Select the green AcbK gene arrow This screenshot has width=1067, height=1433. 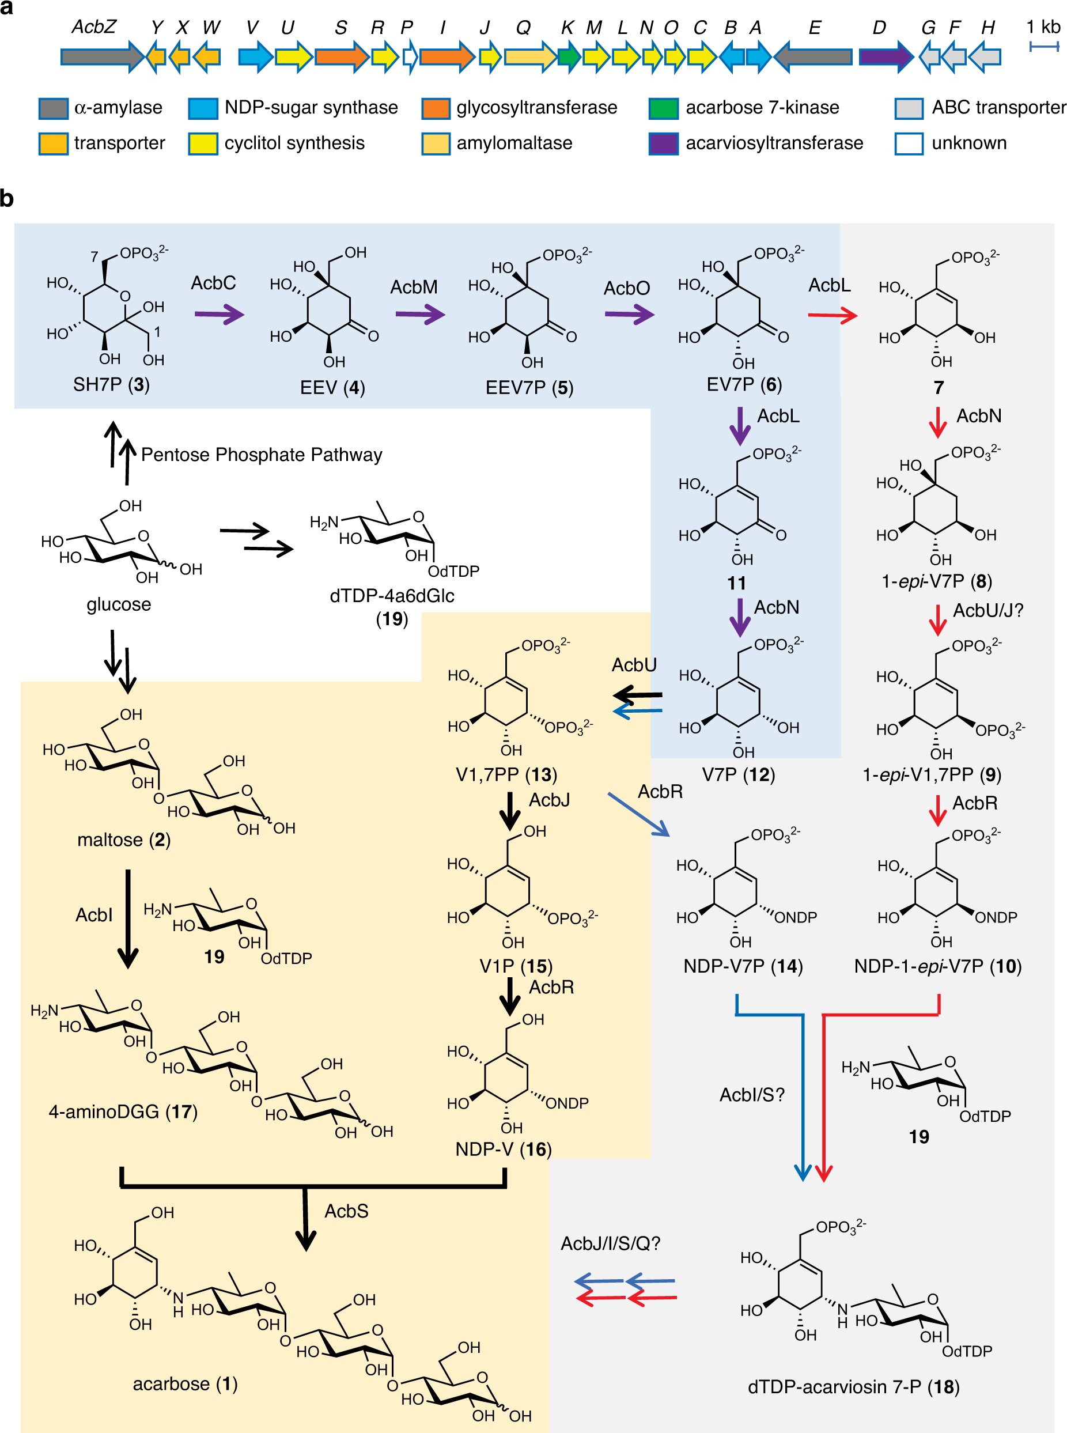point(569,56)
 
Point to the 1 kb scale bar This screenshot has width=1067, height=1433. point(1044,47)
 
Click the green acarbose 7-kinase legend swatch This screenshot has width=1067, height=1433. point(663,108)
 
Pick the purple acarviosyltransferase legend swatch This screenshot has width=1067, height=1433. point(663,143)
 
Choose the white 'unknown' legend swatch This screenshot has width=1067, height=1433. point(909,143)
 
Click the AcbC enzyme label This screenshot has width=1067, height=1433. point(213,283)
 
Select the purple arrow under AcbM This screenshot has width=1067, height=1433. point(420,315)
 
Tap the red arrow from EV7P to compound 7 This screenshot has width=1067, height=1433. point(833,315)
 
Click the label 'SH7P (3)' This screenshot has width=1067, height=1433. point(111,385)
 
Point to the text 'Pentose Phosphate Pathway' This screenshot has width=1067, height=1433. point(262,455)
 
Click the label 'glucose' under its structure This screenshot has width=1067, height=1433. point(119,604)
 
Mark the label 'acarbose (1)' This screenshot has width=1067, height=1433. point(186,1384)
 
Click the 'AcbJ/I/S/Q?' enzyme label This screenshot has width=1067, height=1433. point(610,1244)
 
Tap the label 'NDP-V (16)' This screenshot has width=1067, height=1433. point(503,1150)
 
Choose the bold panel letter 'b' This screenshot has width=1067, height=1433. point(7,198)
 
